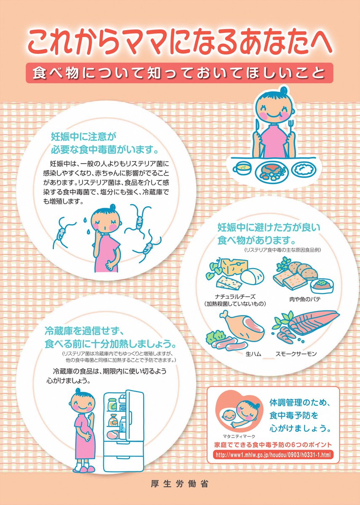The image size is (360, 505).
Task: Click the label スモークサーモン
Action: pos(296,354)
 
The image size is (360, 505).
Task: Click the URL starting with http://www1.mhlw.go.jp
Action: pos(273,455)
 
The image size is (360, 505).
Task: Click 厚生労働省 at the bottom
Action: pos(179,484)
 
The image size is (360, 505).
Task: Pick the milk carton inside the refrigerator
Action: pos(122,423)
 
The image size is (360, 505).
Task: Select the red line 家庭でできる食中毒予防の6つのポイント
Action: pos(273,445)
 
